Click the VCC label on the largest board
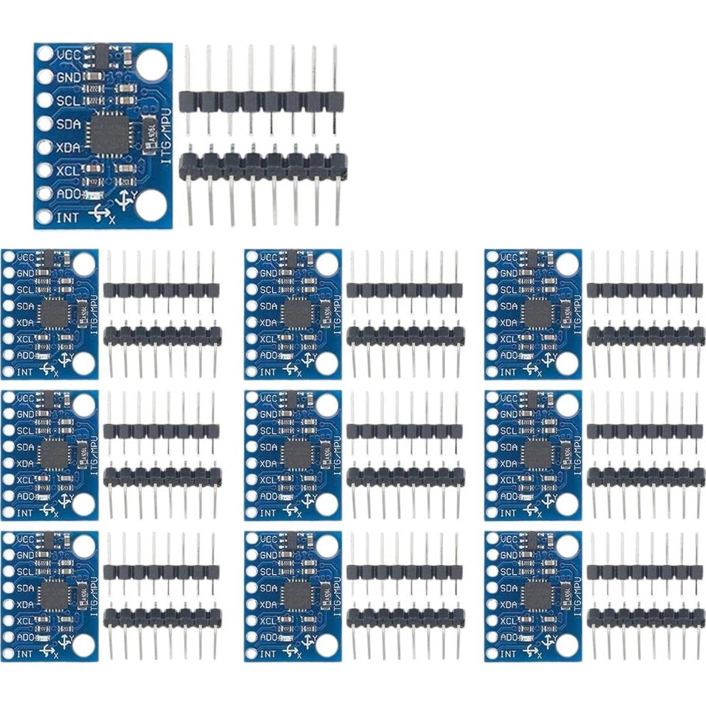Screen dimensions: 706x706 (68, 54)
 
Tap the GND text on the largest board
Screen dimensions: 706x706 (68, 77)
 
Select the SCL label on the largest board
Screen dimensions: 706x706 (68, 100)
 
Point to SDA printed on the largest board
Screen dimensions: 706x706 (68, 124)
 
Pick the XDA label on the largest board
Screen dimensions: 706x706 (68, 147)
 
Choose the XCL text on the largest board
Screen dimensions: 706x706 (68, 171)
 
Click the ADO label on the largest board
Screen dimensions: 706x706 (68, 194)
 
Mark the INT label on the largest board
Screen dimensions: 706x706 (67, 217)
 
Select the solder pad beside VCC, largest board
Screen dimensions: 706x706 (44, 54)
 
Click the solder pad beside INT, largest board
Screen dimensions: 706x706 (44, 217)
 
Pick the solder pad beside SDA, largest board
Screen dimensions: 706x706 (44, 124)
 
